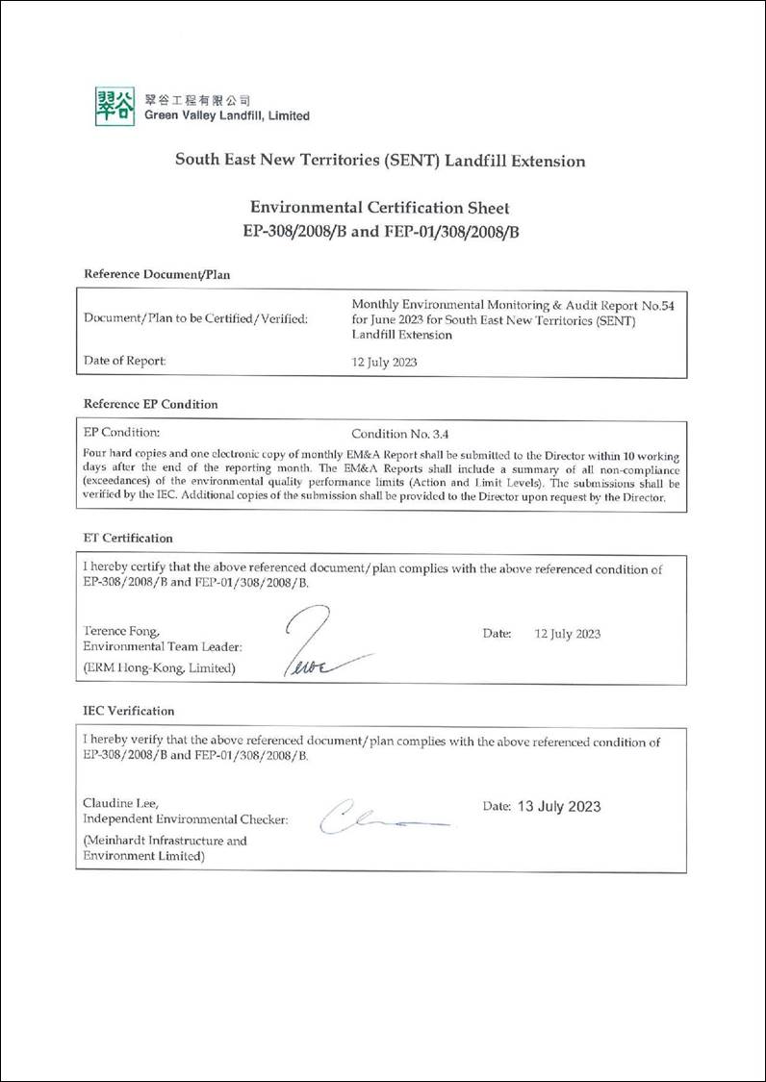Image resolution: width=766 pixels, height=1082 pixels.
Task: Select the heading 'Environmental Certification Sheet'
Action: [379, 207]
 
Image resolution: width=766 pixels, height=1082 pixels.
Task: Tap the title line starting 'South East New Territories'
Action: [379, 161]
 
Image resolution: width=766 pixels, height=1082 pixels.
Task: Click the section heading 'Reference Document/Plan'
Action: [157, 273]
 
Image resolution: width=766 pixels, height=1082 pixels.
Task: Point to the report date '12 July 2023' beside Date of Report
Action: [385, 363]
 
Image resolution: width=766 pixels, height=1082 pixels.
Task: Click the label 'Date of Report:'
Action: [125, 361]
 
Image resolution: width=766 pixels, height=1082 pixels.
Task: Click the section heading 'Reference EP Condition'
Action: [151, 404]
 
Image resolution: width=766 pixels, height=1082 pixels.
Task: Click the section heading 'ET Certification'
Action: [128, 538]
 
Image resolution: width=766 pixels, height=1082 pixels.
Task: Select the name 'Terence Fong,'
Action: [120, 631]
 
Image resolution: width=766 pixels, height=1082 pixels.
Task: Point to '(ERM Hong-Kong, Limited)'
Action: [159, 667]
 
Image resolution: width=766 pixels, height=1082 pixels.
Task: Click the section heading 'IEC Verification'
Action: [129, 711]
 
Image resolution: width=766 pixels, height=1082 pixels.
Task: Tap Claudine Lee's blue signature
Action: [375, 818]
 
